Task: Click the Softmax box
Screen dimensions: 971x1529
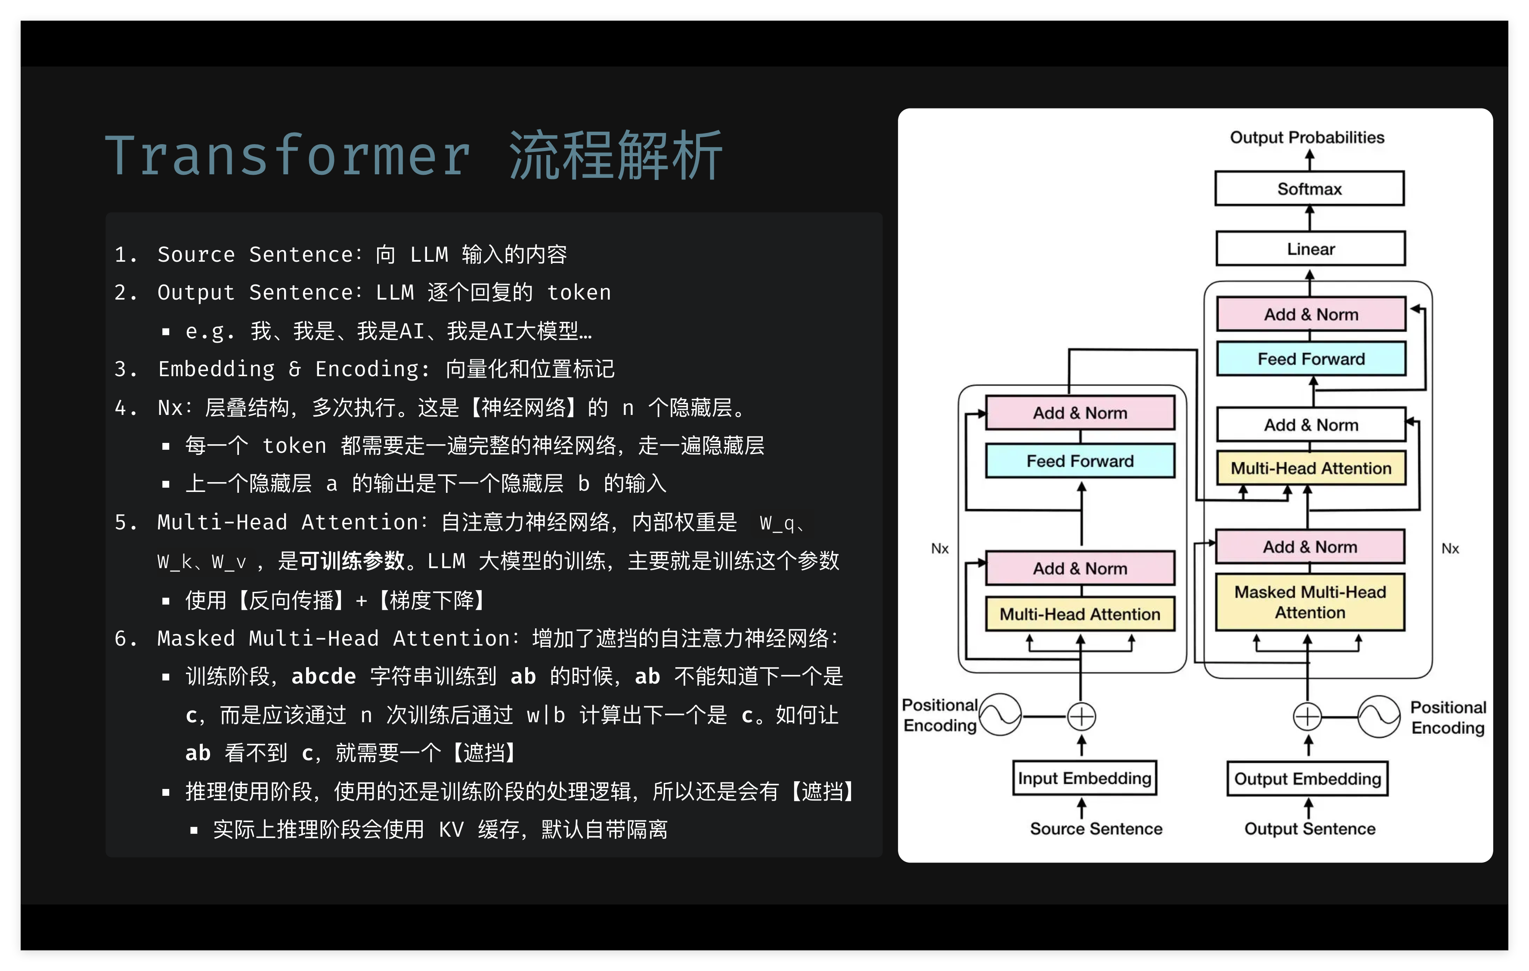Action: [x=1309, y=189]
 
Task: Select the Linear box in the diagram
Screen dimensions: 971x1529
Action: [x=1311, y=249]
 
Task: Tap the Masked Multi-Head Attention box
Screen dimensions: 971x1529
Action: [x=1310, y=602]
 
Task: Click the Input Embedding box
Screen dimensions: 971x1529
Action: [x=1084, y=778]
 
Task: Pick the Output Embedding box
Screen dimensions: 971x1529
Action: [x=1307, y=779]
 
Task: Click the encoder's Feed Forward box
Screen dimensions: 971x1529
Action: [x=1080, y=461]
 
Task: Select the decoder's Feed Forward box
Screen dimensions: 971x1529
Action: [x=1311, y=359]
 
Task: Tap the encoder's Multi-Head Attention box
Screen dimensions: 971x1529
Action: [x=1080, y=614]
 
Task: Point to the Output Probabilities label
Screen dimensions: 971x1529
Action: [x=1307, y=137]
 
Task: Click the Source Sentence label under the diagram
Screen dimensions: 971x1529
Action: [x=1096, y=829]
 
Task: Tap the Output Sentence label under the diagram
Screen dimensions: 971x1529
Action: [x=1309, y=829]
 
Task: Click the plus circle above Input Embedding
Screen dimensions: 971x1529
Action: [x=1081, y=716]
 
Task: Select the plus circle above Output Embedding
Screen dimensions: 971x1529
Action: [x=1307, y=716]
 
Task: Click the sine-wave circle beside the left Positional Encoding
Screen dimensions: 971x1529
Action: [x=1000, y=715]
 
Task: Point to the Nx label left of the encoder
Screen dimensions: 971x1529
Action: [x=939, y=549]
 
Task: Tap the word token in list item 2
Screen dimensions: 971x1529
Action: [x=579, y=293]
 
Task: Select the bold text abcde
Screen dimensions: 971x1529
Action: [x=323, y=676]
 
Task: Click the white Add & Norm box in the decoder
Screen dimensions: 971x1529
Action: [x=1311, y=425]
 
